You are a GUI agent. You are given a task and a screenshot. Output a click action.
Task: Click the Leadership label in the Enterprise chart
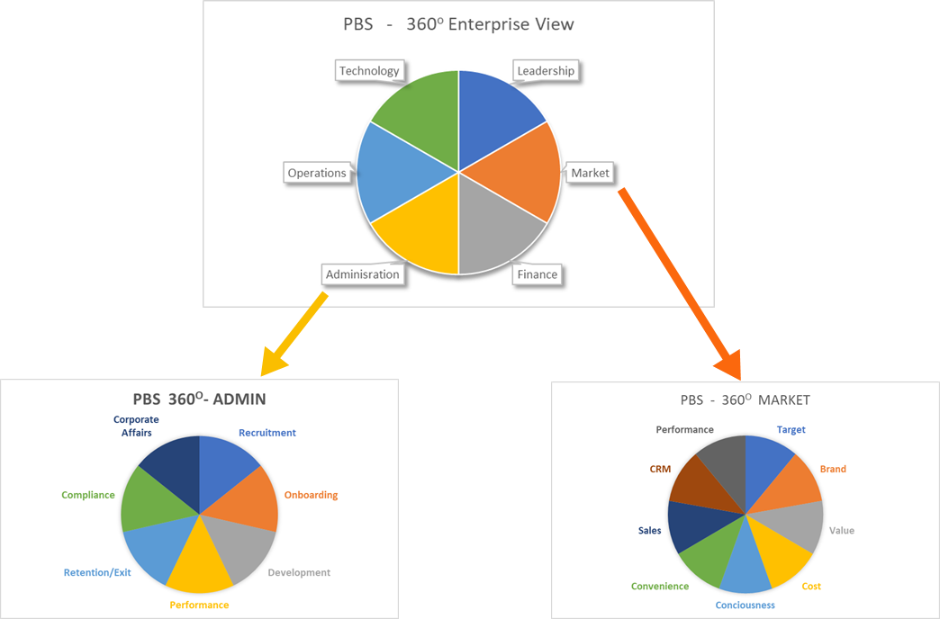click(x=546, y=71)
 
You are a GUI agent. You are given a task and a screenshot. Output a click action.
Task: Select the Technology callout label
click(x=369, y=71)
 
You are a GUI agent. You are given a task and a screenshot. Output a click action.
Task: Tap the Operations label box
click(x=317, y=173)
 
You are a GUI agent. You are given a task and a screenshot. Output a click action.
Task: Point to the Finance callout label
click(x=537, y=274)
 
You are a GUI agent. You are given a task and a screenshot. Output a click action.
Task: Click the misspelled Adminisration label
click(x=363, y=274)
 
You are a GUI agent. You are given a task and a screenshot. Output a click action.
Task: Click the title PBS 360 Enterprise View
click(x=458, y=24)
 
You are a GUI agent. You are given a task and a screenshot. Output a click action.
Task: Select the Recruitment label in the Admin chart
click(x=267, y=433)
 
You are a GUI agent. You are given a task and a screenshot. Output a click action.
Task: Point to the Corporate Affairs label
click(x=136, y=426)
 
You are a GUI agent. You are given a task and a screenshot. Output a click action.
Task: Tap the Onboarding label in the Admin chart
click(x=311, y=495)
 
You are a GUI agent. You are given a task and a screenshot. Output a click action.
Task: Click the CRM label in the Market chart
click(x=660, y=469)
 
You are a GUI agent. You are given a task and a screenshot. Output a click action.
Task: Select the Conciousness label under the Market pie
click(x=746, y=606)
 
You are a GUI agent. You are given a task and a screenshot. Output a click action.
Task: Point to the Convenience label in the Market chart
click(x=660, y=587)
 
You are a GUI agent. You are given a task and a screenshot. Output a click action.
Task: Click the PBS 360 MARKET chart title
click(x=745, y=399)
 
